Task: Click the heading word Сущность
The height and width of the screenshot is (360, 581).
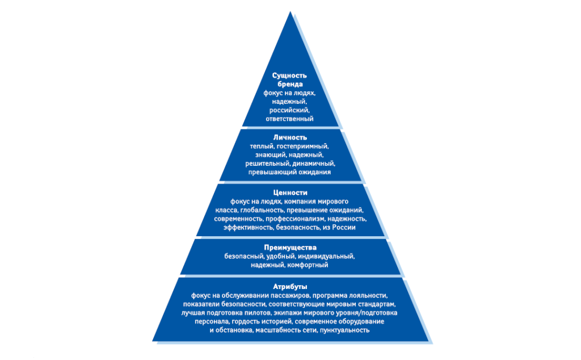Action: click(x=289, y=76)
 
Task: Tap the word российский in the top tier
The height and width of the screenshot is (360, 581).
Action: click(x=289, y=110)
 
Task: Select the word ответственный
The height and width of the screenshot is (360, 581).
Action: click(x=289, y=119)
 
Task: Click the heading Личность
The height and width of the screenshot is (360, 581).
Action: click(x=290, y=137)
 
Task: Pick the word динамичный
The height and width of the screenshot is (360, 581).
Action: click(x=313, y=164)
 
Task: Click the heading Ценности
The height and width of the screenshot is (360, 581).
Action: click(x=290, y=193)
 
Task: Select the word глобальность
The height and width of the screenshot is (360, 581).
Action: click(x=264, y=210)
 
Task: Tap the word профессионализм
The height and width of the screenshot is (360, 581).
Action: click(x=294, y=219)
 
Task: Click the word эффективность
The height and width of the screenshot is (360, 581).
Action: click(x=248, y=227)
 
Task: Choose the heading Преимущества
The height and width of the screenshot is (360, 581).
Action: click(x=290, y=248)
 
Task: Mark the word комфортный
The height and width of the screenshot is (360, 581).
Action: click(x=308, y=265)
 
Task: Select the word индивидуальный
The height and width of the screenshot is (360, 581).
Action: click(x=326, y=256)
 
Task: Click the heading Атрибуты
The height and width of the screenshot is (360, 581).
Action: click(x=290, y=287)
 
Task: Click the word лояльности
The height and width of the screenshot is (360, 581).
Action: click(x=368, y=295)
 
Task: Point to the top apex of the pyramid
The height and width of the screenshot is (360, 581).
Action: click(x=290, y=11)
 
